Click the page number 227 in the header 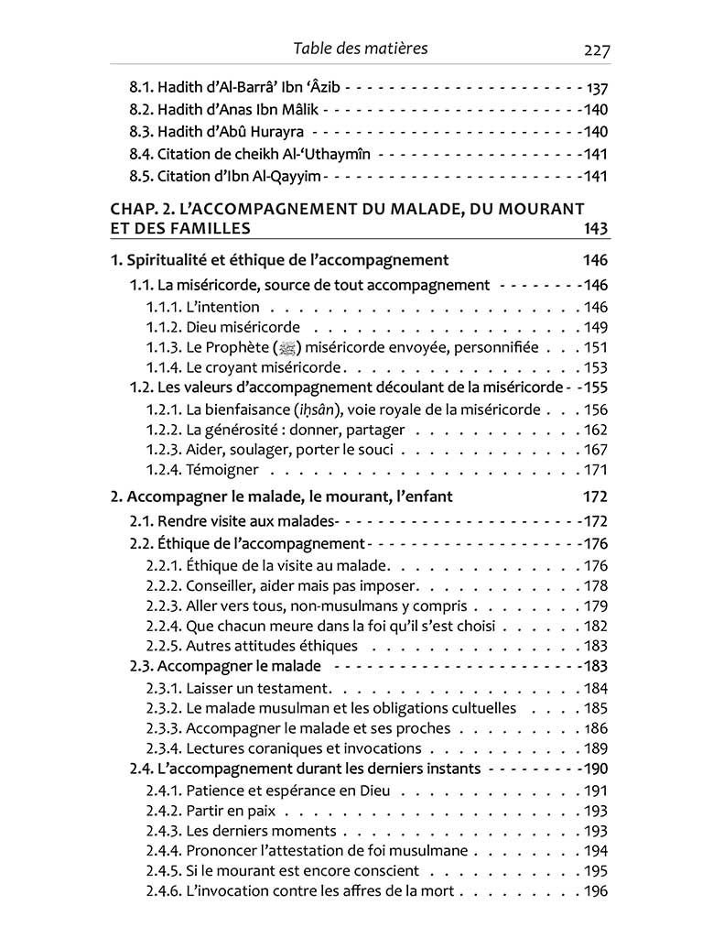[595, 49]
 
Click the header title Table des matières [361, 49]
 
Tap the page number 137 [596, 90]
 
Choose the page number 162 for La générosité [595, 430]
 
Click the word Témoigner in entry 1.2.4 [222, 471]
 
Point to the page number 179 [595, 605]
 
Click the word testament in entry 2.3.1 [297, 688]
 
